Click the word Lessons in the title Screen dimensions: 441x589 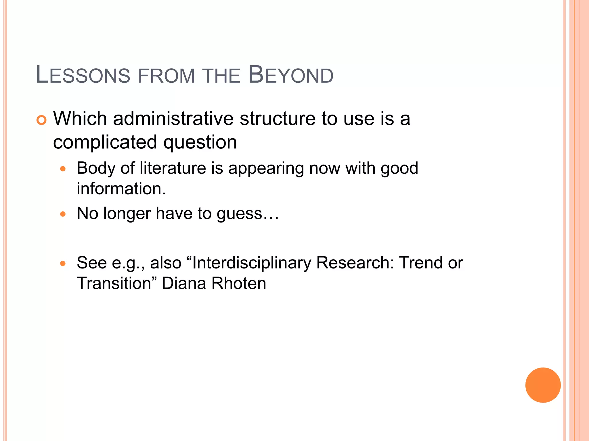(x=83, y=75)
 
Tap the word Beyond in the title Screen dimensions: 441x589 (x=290, y=75)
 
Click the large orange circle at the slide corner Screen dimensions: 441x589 (x=543, y=385)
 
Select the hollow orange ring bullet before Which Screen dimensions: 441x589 (x=41, y=120)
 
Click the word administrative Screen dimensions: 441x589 (x=173, y=119)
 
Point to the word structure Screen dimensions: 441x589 (x=278, y=119)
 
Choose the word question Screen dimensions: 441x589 (x=200, y=142)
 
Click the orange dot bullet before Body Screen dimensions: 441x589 (x=63, y=169)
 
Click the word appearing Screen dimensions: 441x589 (x=266, y=169)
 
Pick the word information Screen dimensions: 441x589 (x=121, y=189)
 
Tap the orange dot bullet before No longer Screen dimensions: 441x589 (x=63, y=214)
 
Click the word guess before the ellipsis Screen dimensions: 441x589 (x=239, y=214)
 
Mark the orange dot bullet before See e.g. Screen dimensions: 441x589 (x=63, y=263)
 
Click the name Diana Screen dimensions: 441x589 (x=184, y=283)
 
